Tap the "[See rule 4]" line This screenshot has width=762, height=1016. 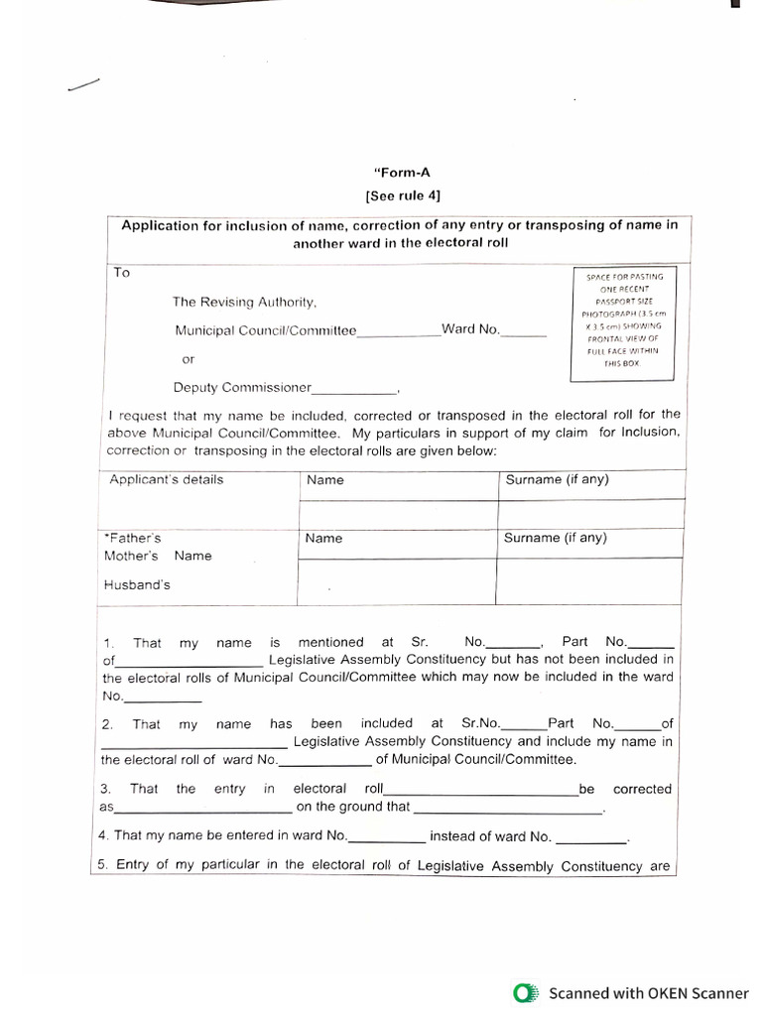point(402,194)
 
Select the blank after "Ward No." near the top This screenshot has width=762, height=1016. point(524,332)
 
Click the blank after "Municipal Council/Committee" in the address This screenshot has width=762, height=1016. point(399,333)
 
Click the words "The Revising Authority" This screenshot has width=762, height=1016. point(244,302)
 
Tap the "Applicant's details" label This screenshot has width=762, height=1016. point(167,480)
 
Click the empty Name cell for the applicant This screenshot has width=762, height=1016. point(397,514)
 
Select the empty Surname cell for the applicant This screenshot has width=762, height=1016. point(589,514)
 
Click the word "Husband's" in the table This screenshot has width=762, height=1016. point(137,585)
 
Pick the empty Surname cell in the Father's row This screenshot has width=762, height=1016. point(589,580)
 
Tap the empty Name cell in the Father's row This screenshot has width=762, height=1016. point(397,580)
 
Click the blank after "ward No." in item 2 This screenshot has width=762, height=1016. point(325,763)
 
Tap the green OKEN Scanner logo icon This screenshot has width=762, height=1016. point(524,993)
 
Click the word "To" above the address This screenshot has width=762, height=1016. point(122,273)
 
